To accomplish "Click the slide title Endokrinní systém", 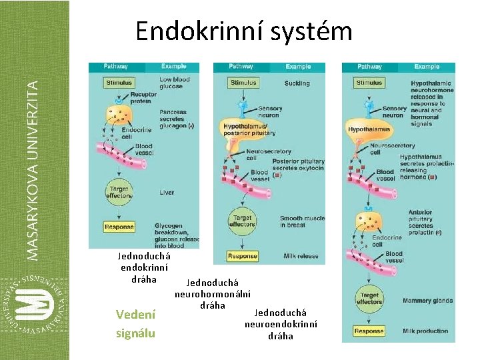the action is click(243, 30).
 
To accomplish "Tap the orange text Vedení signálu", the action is click(135, 323).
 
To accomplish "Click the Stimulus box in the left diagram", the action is click(118, 83).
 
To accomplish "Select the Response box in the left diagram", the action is click(119, 227).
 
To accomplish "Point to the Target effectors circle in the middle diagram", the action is click(242, 221).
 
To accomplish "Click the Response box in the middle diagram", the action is click(243, 256).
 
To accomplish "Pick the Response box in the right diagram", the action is click(369, 331).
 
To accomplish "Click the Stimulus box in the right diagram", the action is click(369, 83).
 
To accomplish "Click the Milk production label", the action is click(425, 331).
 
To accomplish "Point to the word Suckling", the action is click(297, 83).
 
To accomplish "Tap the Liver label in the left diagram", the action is click(167, 193).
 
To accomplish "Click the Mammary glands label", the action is click(427, 301).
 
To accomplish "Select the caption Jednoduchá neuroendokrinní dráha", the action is click(281, 324).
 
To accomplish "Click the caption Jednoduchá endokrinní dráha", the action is click(144, 267).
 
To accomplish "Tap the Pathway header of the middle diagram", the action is click(241, 67).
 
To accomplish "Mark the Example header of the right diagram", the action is click(427, 67).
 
